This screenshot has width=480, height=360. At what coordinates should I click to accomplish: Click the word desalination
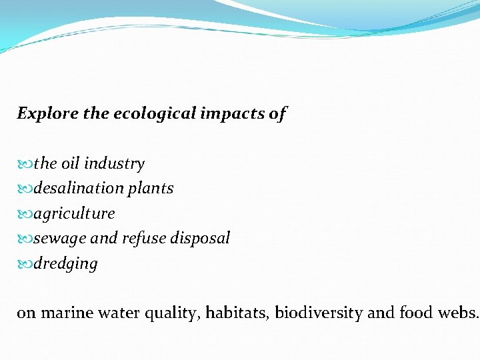click(75, 189)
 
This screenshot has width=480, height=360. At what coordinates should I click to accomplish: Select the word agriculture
click(74, 214)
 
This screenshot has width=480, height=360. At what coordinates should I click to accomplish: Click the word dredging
click(65, 264)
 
